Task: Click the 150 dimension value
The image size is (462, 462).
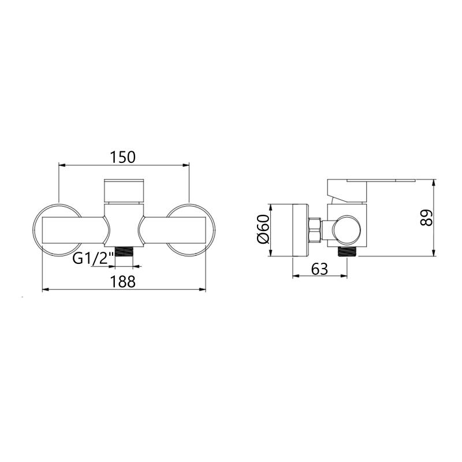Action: [x=123, y=157]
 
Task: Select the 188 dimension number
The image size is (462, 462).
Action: [x=123, y=281]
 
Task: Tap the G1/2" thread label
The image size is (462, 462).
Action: [x=94, y=259]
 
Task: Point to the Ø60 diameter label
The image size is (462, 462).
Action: [x=263, y=229]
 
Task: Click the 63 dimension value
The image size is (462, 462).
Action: [x=319, y=269]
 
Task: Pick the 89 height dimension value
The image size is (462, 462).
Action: [x=426, y=218]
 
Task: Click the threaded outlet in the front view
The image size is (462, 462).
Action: [x=124, y=252]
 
